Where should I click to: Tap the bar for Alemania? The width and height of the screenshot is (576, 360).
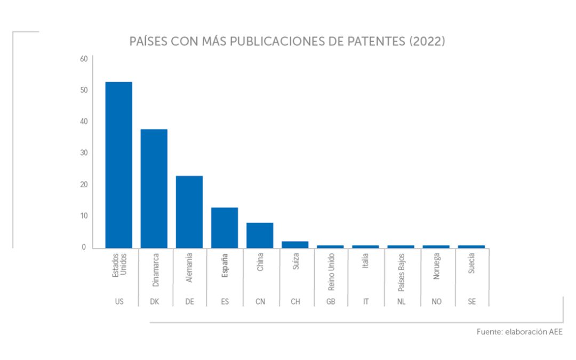[189, 212]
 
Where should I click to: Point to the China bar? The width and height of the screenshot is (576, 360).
[260, 235]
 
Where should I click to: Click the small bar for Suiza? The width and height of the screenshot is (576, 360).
[295, 244]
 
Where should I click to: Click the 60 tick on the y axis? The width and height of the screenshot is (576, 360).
[84, 59]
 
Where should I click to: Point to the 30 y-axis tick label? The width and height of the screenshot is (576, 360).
[84, 153]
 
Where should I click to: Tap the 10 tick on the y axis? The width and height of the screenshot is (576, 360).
[84, 216]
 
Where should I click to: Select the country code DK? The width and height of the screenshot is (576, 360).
[154, 302]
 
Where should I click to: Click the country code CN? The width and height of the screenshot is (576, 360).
[260, 302]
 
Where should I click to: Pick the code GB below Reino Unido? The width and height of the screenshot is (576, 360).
[331, 302]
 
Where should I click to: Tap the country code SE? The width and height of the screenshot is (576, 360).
[471, 302]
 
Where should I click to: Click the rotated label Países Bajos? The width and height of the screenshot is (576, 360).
[401, 273]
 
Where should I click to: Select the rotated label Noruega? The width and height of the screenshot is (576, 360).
[436, 269]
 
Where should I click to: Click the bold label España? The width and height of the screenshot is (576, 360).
[225, 266]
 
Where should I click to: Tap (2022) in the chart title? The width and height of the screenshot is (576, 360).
[427, 42]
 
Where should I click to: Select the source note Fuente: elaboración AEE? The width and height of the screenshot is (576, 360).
[519, 332]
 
